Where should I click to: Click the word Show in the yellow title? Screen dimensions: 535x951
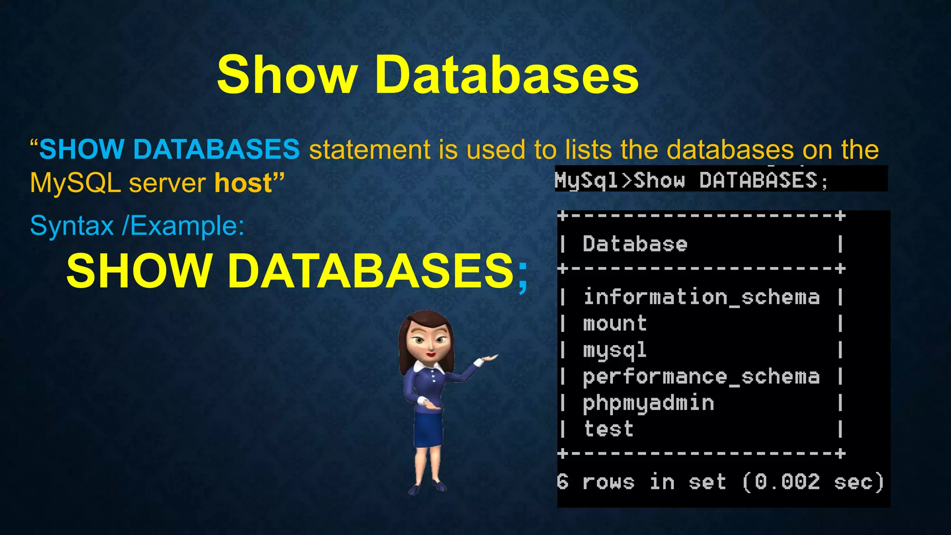[x=287, y=75]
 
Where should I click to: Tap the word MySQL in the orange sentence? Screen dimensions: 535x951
[x=76, y=183]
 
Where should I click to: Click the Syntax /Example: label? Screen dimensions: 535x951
[x=137, y=226]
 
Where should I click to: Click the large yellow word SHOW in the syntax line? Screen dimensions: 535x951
[x=139, y=271]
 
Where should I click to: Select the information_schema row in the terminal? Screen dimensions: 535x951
[x=701, y=297]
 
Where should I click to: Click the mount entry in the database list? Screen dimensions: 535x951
[x=615, y=324]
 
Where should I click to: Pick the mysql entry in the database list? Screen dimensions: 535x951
[x=615, y=350]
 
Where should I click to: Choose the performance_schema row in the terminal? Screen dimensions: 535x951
[x=701, y=377]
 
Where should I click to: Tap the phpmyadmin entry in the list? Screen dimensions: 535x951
[x=648, y=403]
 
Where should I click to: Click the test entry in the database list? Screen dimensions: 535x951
[x=608, y=429]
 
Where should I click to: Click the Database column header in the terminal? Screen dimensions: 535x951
[x=635, y=244]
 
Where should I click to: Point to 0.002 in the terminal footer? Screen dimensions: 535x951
[x=787, y=482]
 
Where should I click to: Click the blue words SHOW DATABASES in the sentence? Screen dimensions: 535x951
[x=169, y=150]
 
